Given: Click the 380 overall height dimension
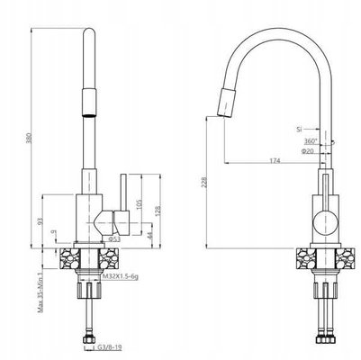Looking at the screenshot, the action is tap(29, 137).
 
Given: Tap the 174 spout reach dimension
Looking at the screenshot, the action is tap(275, 161).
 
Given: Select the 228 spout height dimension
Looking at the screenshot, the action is tap(204, 183).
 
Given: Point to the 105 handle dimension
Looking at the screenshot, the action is tap(139, 204).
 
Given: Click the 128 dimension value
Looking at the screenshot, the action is tap(158, 211).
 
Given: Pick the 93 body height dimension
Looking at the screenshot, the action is tap(41, 221).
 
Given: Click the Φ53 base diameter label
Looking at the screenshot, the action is tap(114, 239).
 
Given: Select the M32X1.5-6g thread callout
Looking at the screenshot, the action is tap(121, 276).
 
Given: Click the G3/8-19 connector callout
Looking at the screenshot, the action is tap(110, 347).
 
